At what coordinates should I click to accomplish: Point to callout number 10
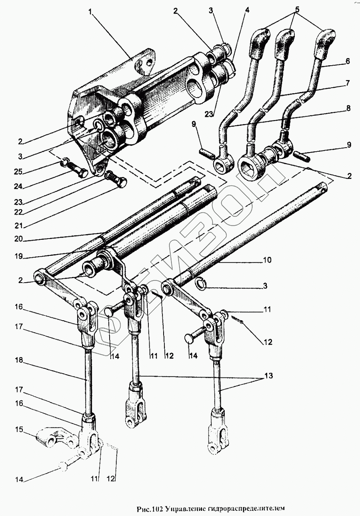[x=267, y=260]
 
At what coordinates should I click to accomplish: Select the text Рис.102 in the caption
[x=149, y=509]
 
